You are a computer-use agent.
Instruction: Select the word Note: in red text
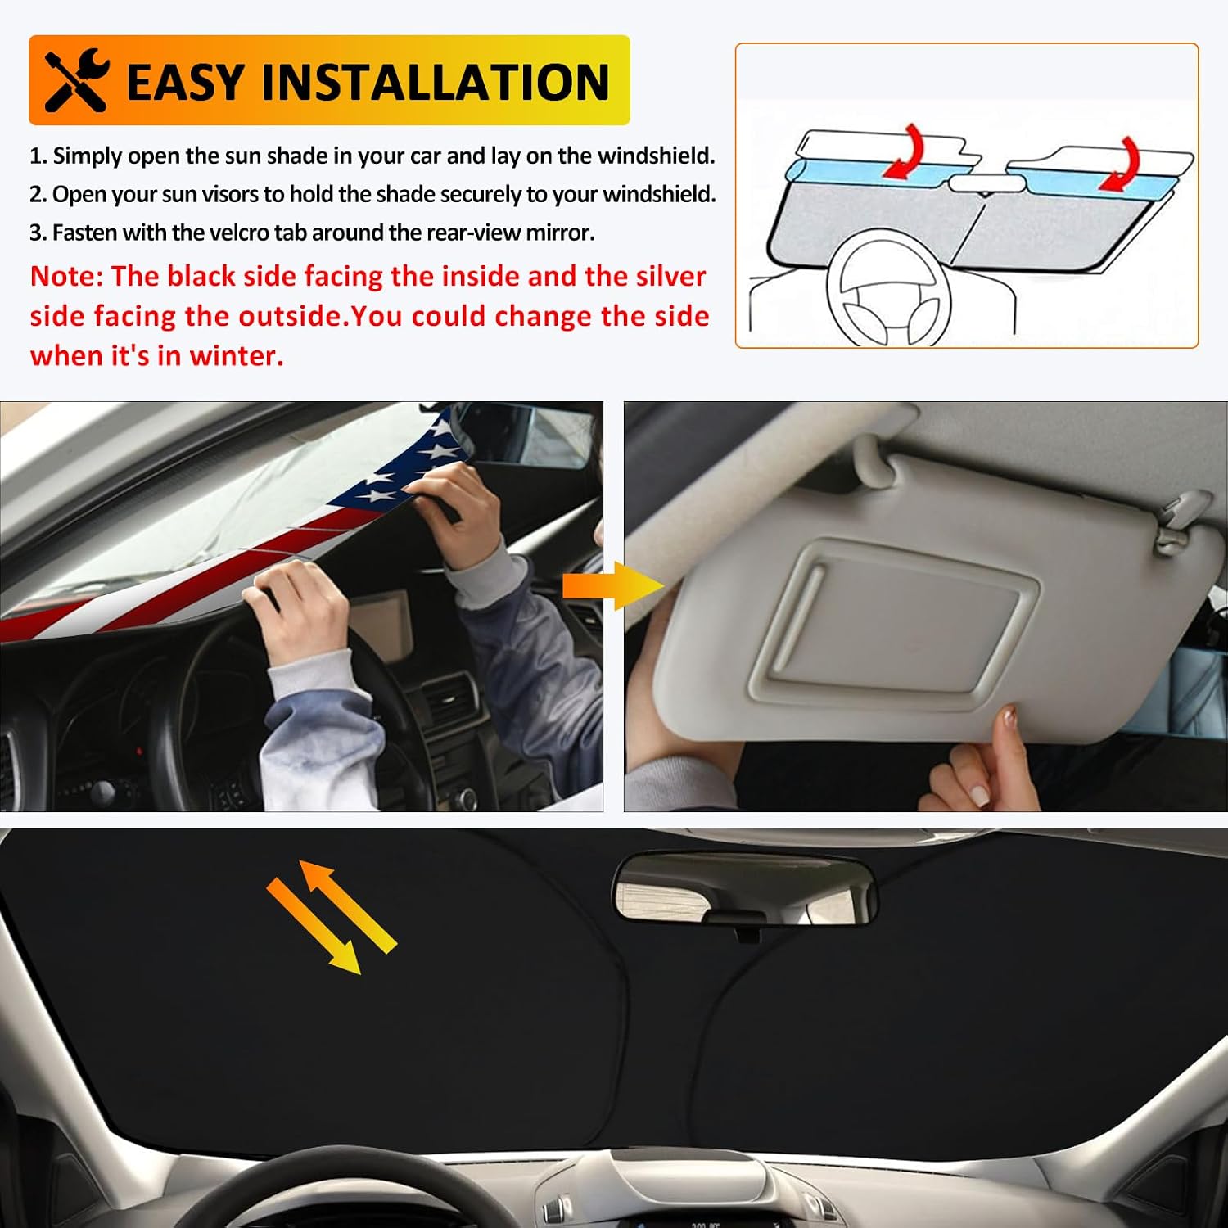(x=67, y=276)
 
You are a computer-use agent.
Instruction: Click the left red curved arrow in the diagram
(x=905, y=150)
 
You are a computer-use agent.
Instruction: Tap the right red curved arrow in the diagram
(x=1121, y=164)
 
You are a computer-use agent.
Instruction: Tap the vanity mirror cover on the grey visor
(x=892, y=626)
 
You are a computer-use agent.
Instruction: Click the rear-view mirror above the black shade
(x=744, y=888)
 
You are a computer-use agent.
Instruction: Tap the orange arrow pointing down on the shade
(x=314, y=926)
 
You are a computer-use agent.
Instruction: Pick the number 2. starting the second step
(x=38, y=195)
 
